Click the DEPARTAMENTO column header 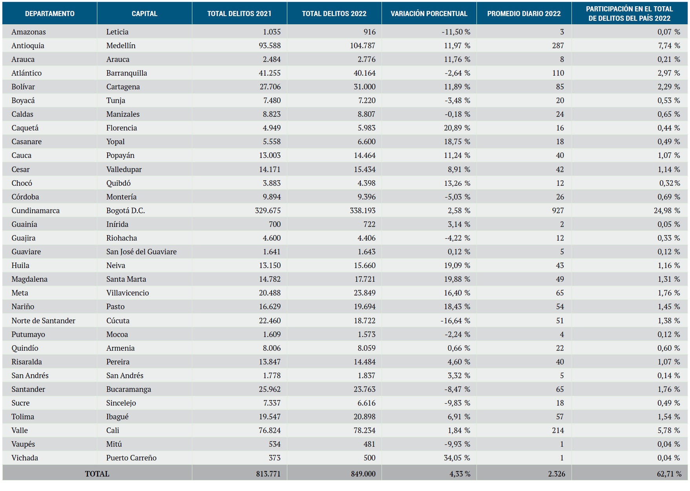[x=49, y=14]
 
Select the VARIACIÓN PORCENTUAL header [x=429, y=14]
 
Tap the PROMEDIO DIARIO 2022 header [x=524, y=14]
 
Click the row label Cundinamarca [x=35, y=210]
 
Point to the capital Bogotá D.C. [x=126, y=210]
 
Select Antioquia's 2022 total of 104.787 [x=363, y=45]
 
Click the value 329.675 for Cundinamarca [x=268, y=210]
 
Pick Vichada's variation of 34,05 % [x=457, y=458]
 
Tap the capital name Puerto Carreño [x=131, y=458]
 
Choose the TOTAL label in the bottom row [x=97, y=474]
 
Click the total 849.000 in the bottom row [x=363, y=474]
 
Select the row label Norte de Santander [x=43, y=321]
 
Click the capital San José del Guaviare [x=141, y=252]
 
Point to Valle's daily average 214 [x=558, y=430]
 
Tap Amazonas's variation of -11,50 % [x=456, y=32]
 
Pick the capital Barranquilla [x=126, y=73]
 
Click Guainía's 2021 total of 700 [x=275, y=224]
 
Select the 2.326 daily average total [x=557, y=474]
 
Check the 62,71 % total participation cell [x=669, y=474]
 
